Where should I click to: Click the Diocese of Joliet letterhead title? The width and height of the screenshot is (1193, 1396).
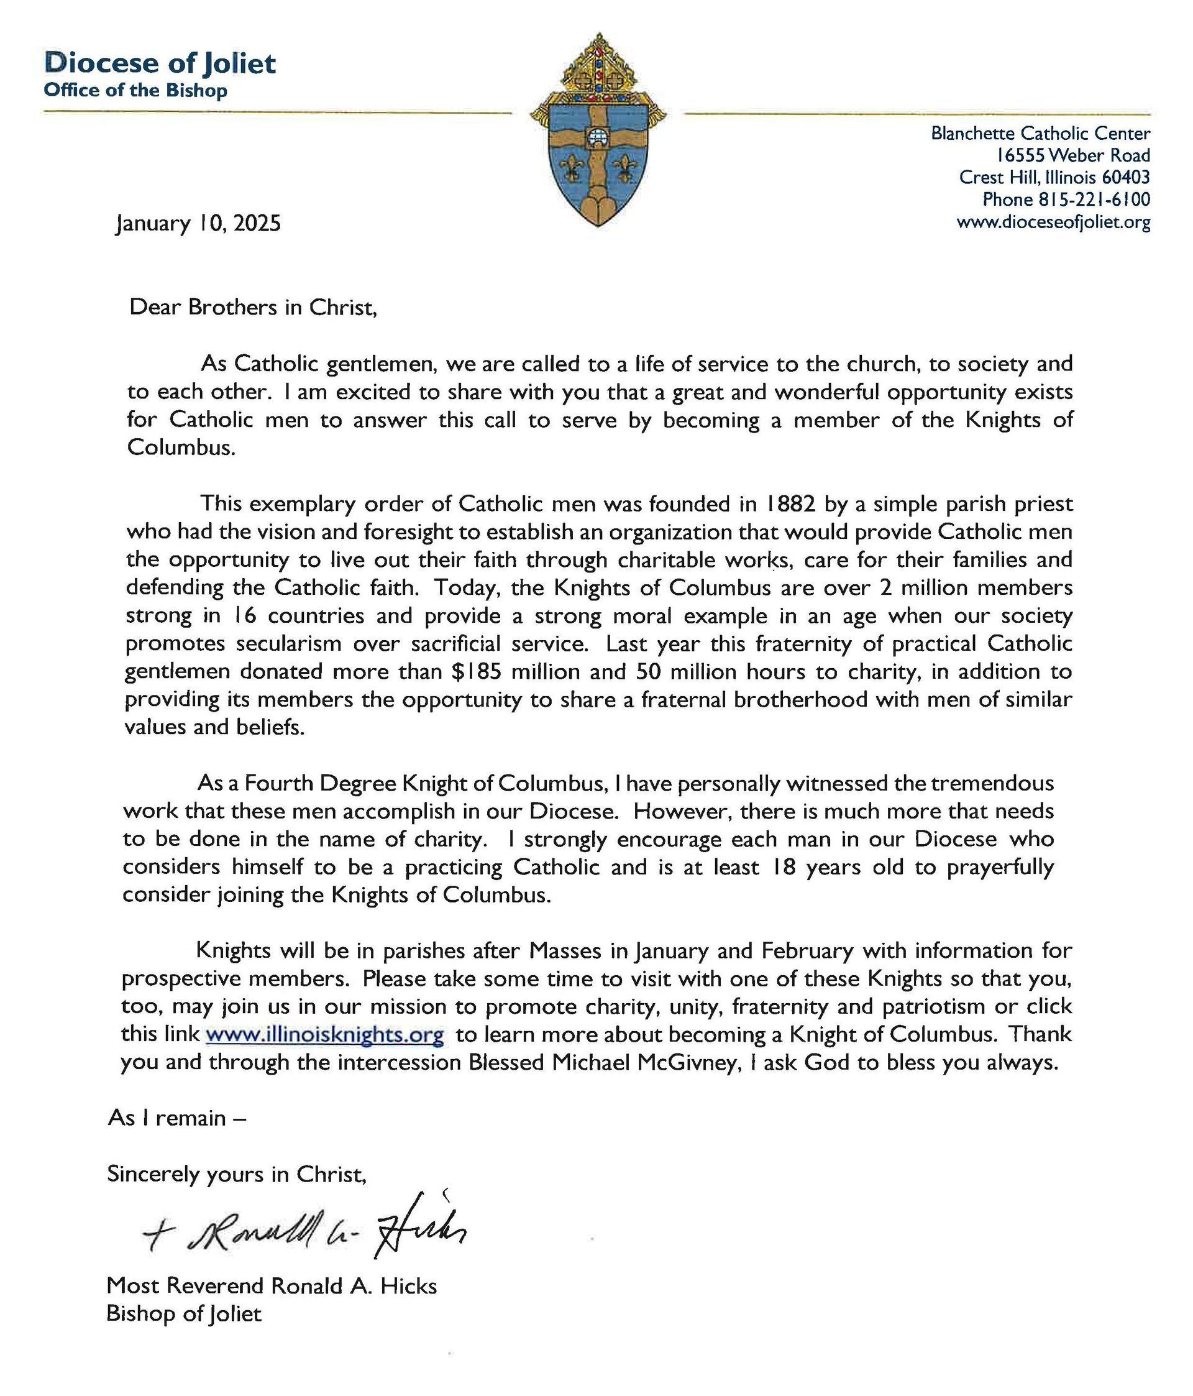point(160,64)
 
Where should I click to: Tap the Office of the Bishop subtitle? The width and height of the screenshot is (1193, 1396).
point(135,90)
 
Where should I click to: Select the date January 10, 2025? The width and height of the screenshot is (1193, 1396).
point(198,223)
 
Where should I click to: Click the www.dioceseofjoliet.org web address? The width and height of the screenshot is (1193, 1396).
point(1053,222)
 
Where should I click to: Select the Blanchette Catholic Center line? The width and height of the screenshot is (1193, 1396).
point(1040,134)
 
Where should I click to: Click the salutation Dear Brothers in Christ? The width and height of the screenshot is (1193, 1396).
point(253,307)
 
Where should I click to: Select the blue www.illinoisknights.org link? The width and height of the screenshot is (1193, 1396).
point(324,1034)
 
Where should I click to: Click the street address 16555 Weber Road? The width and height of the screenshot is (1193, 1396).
point(1073,155)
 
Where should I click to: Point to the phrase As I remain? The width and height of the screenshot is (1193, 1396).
point(176,1118)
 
